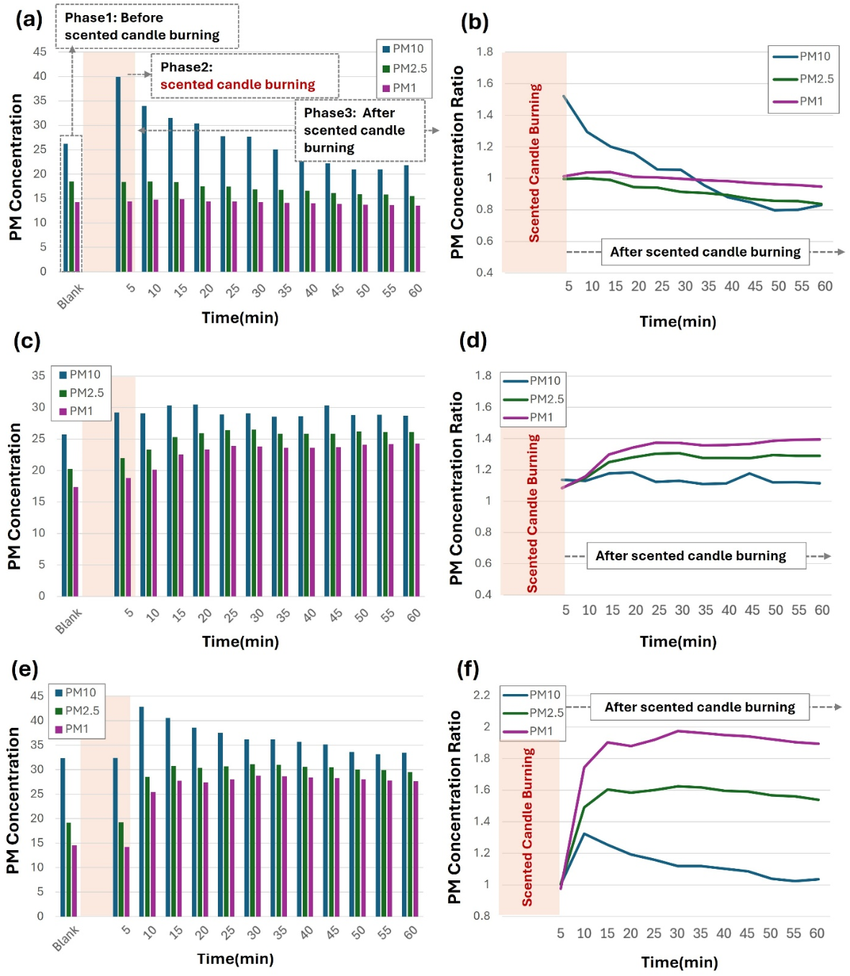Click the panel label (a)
click(29, 19)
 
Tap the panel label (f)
click(467, 669)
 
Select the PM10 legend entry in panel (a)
click(403, 49)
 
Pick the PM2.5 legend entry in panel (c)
click(81, 393)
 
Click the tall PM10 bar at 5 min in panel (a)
click(118, 173)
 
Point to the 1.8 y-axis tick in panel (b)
click(485, 52)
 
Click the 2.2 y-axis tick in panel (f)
click(481, 695)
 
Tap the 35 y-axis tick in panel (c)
click(38, 375)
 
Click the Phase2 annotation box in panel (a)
click(245, 76)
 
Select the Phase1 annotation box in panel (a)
click(147, 27)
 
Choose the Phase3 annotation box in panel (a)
click(360, 130)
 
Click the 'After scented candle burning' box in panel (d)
click(695, 556)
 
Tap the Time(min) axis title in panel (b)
click(677, 321)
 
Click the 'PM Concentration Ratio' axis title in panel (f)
click(454, 807)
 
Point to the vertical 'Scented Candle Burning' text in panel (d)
click(532, 513)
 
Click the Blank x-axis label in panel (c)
click(69, 620)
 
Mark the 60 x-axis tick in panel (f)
click(817, 933)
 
